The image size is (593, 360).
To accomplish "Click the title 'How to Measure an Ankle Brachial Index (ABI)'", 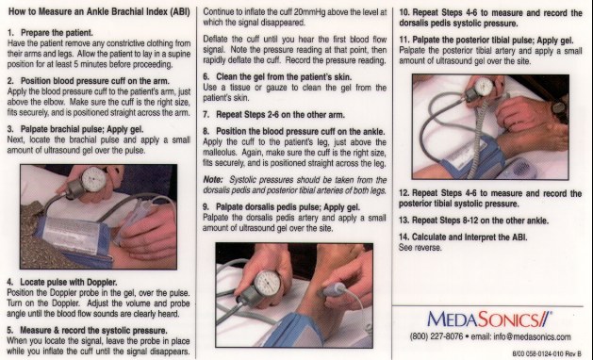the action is (x=99, y=11).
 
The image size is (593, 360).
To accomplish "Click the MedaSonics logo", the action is (x=489, y=319).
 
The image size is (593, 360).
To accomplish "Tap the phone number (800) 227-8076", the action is (x=437, y=337).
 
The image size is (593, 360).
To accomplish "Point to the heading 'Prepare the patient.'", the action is (x=57, y=33).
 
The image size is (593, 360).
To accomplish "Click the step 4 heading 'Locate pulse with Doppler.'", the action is (x=69, y=282).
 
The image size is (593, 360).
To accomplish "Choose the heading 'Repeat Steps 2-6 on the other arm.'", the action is (x=280, y=115).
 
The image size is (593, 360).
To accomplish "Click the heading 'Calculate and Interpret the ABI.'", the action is (x=469, y=237).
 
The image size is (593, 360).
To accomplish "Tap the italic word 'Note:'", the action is (x=213, y=180).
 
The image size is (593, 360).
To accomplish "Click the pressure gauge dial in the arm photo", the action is (x=93, y=179).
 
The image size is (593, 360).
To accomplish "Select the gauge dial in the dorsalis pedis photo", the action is (x=268, y=283).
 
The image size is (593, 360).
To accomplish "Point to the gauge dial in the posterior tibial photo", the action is (x=485, y=87).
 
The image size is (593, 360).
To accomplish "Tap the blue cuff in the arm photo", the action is (x=74, y=238).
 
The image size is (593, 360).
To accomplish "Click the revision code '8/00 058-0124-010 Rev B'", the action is (x=547, y=354).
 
